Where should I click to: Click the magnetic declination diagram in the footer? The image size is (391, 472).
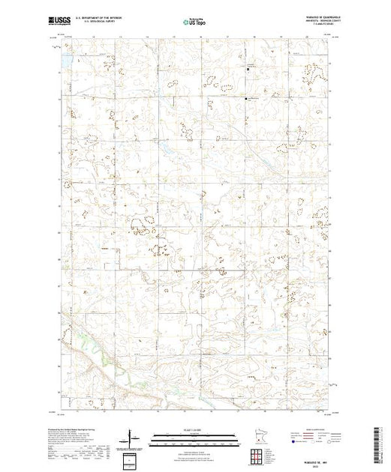click(133, 436)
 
